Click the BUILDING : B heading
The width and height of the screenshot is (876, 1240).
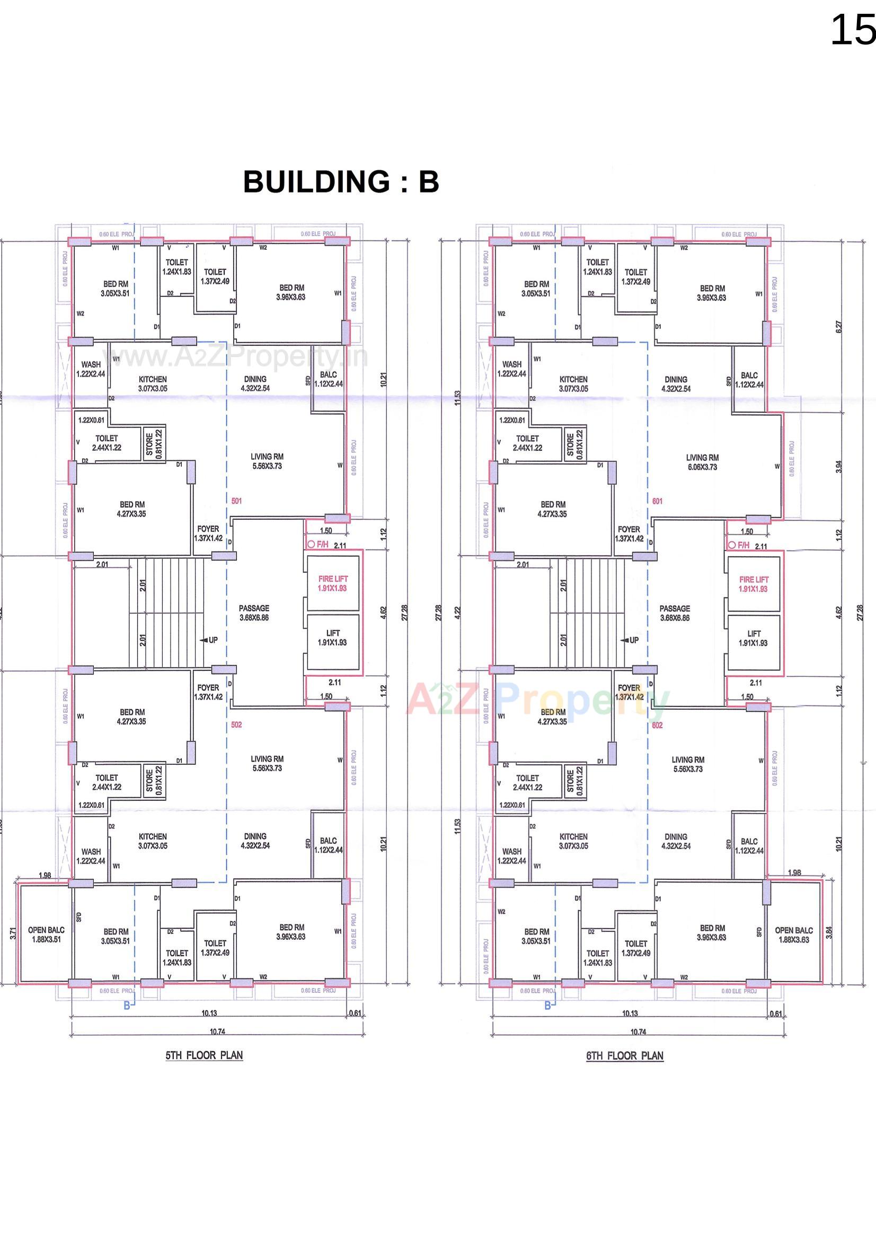(x=341, y=181)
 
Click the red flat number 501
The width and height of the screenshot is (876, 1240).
(x=236, y=501)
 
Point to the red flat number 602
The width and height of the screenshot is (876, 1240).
(x=657, y=726)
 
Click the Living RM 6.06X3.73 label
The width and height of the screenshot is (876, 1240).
(x=702, y=462)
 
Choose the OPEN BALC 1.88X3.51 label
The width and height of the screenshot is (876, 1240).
(x=47, y=935)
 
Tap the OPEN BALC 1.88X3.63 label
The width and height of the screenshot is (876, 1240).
(x=793, y=935)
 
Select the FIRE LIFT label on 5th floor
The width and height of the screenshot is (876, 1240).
(x=333, y=583)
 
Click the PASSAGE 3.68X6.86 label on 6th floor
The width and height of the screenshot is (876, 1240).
(x=675, y=613)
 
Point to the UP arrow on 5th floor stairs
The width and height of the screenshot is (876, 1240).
(x=209, y=640)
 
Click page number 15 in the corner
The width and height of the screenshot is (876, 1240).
(x=852, y=30)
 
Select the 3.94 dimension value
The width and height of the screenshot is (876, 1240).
(x=838, y=467)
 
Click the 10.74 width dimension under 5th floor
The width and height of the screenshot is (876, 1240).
(x=217, y=1032)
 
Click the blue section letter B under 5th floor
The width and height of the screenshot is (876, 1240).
(x=127, y=1005)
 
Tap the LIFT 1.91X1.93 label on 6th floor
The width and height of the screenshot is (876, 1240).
(x=754, y=638)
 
